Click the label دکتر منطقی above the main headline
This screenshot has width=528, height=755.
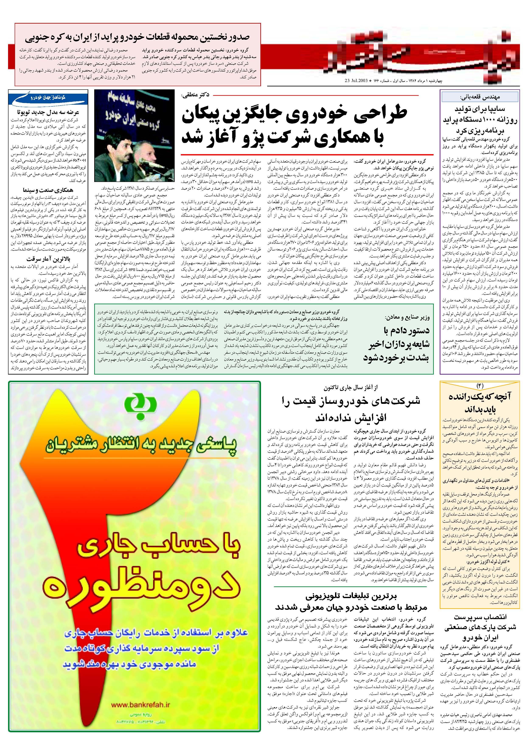196,95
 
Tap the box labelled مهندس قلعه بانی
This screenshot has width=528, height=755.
480,97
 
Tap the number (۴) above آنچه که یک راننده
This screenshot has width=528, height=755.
480,385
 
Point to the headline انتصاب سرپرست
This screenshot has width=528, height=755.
480,617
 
